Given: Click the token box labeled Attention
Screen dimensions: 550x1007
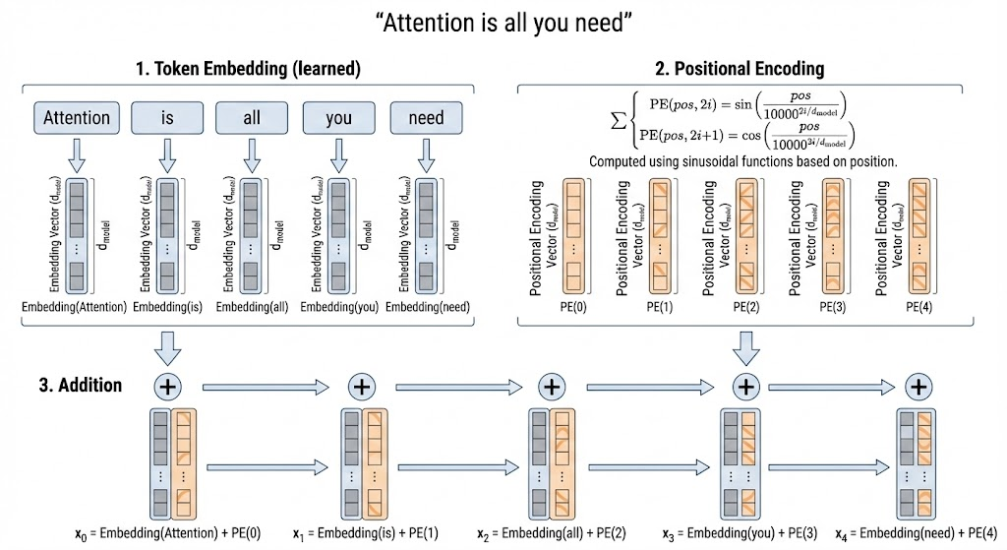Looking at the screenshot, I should pos(78,117).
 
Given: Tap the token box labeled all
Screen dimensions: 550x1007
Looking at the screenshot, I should pos(252,117).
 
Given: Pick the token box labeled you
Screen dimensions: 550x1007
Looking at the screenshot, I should pos(339,117).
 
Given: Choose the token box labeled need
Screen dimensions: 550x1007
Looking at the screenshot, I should pos(426,117).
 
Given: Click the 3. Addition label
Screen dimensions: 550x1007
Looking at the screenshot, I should pos(80,384).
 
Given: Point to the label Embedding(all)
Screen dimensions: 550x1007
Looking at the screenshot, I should pos(253,307).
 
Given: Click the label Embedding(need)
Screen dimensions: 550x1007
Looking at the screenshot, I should pos(428,307).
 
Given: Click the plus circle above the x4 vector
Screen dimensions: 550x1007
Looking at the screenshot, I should pos(918,386).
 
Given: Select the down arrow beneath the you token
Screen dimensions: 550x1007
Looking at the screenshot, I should pos(340,154).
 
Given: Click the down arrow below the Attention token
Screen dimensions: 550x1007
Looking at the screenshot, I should pos(78,154).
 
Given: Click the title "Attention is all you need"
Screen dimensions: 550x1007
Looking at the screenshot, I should pos(503,23).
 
